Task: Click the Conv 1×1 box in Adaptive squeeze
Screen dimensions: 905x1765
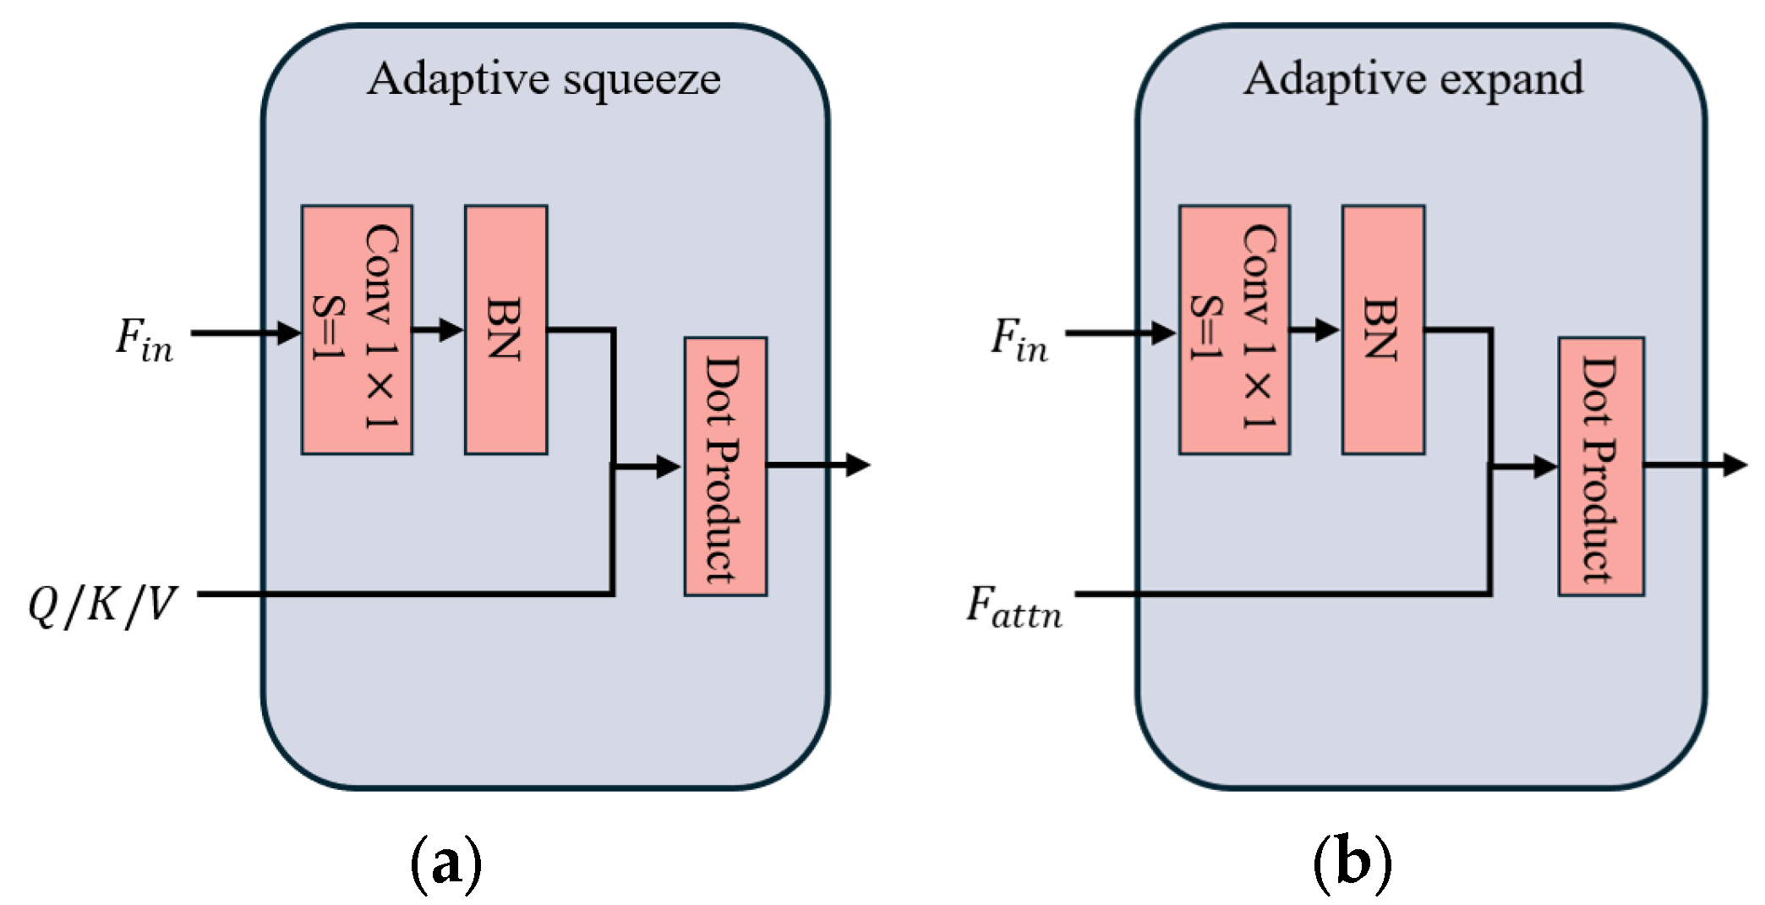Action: click(357, 330)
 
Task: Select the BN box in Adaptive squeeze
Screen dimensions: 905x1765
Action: click(505, 330)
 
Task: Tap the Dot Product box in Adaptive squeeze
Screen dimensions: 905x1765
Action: click(725, 467)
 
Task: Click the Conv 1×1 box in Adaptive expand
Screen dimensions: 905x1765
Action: click(1234, 330)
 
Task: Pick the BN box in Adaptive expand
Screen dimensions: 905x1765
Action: click(1383, 330)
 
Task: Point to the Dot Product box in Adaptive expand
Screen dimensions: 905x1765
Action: click(1601, 467)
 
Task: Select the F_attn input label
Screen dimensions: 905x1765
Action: click(1014, 607)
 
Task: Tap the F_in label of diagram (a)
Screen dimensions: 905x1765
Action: click(145, 340)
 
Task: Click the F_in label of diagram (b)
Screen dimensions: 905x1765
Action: click(1019, 340)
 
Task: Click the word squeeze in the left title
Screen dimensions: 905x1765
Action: click(642, 80)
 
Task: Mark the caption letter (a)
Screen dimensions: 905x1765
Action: click(446, 864)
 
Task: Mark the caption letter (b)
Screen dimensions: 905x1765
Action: click(1352, 864)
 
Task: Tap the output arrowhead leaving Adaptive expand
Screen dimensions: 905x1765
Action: click(1735, 464)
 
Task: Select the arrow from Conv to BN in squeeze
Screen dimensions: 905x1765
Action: click(439, 330)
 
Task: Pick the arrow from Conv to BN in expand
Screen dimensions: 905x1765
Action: click(1316, 330)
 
